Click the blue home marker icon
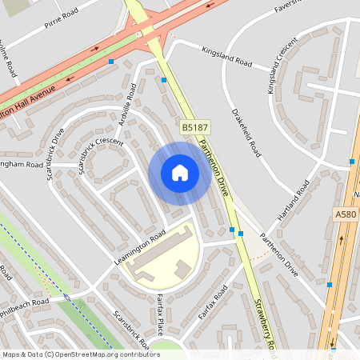[x=179, y=173]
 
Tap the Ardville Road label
[x=125, y=103]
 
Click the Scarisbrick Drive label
[x=54, y=152]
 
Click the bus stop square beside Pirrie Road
[x=111, y=61]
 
